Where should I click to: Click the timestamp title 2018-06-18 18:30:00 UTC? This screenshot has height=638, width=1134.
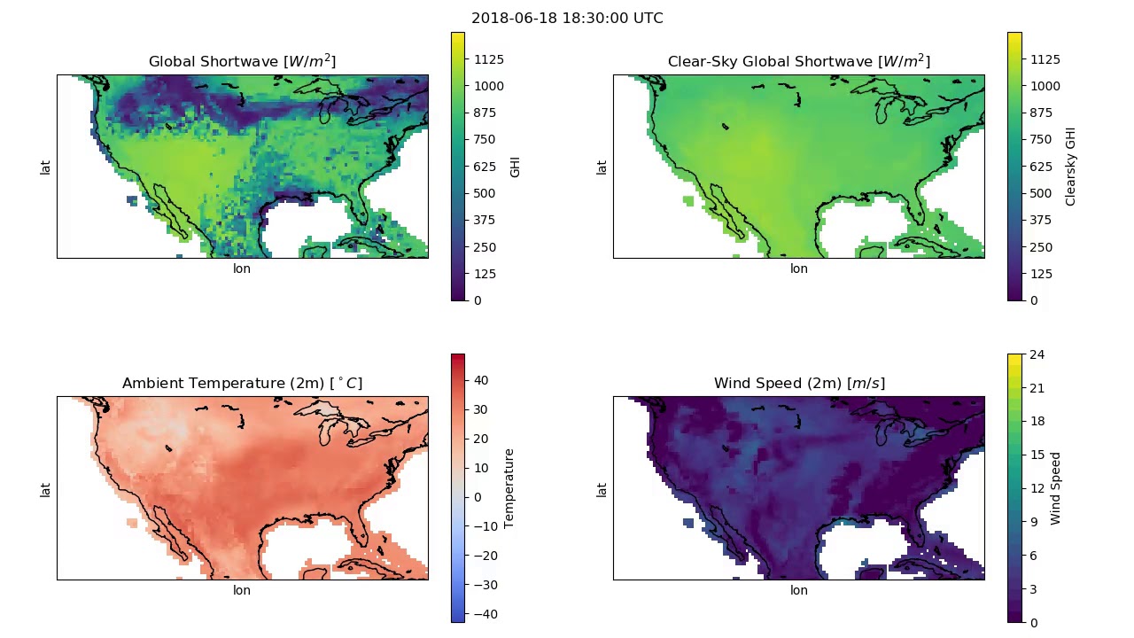pos(567,19)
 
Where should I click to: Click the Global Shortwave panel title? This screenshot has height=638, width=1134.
pos(242,61)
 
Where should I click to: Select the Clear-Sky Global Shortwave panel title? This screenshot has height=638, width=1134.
pos(798,61)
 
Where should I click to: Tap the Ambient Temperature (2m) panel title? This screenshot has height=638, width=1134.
pos(242,384)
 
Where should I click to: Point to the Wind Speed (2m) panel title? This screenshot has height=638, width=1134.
pos(798,384)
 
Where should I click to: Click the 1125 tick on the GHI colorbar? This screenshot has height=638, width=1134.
pos(489,59)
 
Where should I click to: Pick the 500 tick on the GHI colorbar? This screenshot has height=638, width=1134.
pos(484,193)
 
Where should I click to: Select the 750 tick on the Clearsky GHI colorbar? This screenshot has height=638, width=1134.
pos(1040,139)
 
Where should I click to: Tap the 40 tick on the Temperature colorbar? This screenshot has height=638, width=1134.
pos(481,380)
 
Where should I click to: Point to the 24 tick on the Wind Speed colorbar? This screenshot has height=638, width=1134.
pos(1037,355)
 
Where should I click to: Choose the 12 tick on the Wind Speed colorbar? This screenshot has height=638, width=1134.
pos(1037,489)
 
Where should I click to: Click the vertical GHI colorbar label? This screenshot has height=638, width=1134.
pos(515,166)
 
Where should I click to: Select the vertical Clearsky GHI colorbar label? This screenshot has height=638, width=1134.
pos(1071,166)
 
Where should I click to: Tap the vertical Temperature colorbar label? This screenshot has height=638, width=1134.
pos(509,488)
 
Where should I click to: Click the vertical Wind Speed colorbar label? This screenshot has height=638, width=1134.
pos(1056,488)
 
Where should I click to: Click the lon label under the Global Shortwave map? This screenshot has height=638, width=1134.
pos(242,268)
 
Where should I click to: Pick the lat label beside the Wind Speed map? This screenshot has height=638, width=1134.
pos(602,488)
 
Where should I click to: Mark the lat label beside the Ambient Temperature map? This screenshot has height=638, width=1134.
pos(45,488)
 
